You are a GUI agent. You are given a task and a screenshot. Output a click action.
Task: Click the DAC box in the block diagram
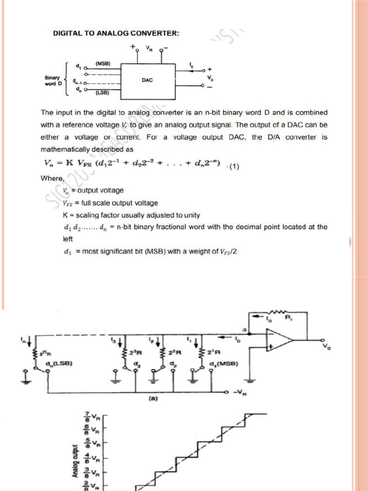(x=147, y=80)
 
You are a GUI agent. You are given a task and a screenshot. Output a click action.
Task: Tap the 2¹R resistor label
(x=215, y=353)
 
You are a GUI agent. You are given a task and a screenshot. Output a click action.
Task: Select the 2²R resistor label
(x=175, y=353)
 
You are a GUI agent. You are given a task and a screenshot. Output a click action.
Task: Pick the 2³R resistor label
(x=135, y=353)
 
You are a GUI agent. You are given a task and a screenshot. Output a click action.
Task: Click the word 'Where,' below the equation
(x=52, y=179)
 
